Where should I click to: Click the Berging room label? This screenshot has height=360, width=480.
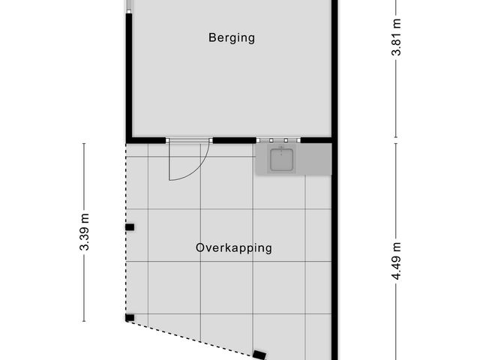click(x=232, y=38)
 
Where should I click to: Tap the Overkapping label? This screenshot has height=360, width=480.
click(x=234, y=247)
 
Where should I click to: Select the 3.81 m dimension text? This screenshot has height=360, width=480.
click(x=396, y=37)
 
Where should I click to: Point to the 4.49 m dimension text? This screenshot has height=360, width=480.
click(x=396, y=261)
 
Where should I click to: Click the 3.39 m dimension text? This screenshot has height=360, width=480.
click(x=84, y=232)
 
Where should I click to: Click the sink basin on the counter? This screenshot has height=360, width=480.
click(x=281, y=160)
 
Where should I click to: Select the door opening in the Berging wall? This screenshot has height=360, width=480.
click(x=189, y=140)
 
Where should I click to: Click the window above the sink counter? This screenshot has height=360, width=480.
click(x=278, y=140)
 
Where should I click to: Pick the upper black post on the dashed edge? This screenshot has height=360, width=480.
click(x=130, y=227)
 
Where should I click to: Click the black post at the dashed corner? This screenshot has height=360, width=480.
click(x=130, y=318)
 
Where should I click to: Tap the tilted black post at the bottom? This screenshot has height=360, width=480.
click(x=259, y=355)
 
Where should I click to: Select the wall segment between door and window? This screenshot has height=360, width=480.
click(x=235, y=140)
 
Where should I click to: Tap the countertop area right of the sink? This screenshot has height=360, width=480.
click(x=313, y=159)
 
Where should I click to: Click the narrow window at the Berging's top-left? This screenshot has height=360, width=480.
click(x=129, y=6)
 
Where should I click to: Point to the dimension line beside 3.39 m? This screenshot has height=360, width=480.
click(x=84, y=232)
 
